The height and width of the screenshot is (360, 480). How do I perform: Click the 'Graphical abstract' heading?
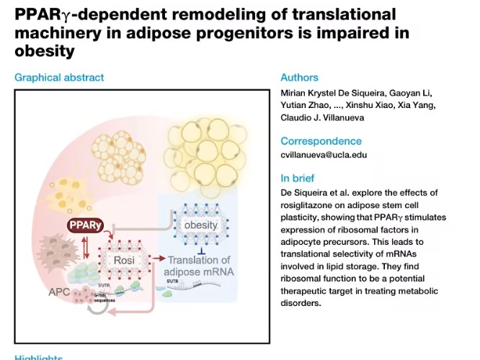(59, 78)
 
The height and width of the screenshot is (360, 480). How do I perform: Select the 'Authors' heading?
(299, 78)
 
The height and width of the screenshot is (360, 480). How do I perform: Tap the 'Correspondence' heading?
(321, 141)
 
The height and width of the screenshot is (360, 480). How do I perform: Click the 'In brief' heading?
(297, 179)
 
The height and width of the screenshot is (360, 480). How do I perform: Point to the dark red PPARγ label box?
(86, 226)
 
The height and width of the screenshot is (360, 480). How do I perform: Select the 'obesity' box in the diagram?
(200, 225)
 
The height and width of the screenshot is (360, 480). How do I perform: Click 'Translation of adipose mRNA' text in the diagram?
(198, 266)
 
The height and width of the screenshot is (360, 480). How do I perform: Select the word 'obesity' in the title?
(45, 51)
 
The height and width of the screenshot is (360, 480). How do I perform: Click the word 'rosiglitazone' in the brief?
(308, 207)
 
